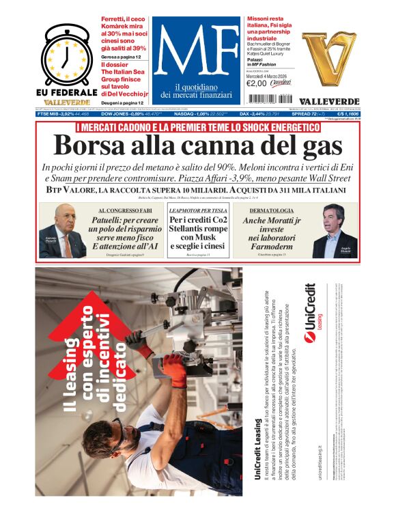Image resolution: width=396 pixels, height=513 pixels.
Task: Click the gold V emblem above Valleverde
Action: pos(330,59)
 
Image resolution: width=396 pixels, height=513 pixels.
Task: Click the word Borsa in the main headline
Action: pos(91,145)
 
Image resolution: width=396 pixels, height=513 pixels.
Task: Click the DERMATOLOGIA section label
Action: pos(272,210)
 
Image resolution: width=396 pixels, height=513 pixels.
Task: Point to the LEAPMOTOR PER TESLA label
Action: pos(198,210)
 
